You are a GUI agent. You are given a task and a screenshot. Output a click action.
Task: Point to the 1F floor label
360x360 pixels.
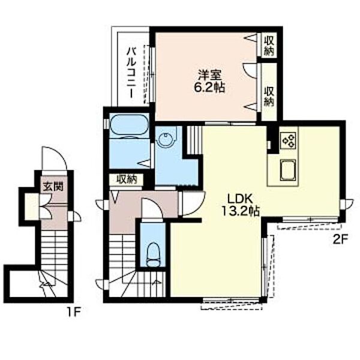(x=74, y=311)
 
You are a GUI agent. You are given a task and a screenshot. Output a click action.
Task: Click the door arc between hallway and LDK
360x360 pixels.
(x=191, y=207)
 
